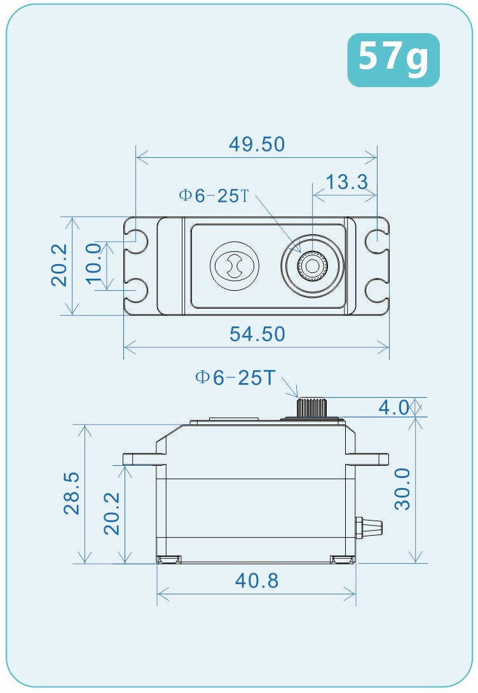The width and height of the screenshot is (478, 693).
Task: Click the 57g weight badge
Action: tap(393, 59)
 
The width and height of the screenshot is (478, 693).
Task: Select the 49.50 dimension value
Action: tap(257, 144)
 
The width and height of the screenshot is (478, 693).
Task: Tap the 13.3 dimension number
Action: tap(346, 183)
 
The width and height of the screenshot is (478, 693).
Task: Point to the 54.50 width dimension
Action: tap(257, 334)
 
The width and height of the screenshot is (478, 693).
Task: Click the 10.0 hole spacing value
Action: tap(93, 265)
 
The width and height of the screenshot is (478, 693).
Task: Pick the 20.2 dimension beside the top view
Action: tap(59, 265)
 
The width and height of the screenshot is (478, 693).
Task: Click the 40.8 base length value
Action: tap(257, 580)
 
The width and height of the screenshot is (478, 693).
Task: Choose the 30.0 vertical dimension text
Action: tap(402, 489)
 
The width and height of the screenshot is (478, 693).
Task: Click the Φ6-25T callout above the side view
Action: tap(235, 378)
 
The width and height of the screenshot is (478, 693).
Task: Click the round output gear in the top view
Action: tap(312, 265)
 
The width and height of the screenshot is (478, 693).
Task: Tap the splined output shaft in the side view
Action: tap(311, 406)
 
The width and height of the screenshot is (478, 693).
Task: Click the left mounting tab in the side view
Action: tap(140, 458)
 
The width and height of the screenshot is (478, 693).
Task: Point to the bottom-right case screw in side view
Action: tap(342, 559)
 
